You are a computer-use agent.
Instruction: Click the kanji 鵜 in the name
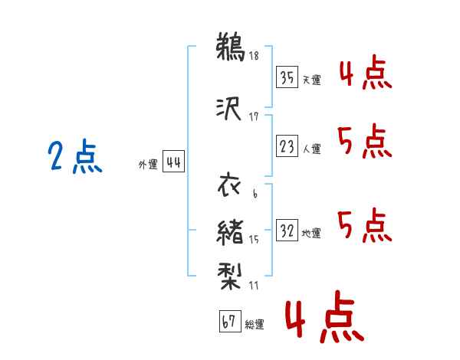click(x=230, y=47)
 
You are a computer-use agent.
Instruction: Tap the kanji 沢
click(x=228, y=109)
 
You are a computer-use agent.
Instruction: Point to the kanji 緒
click(x=230, y=232)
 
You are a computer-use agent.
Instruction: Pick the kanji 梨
click(x=229, y=276)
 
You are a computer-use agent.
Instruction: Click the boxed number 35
click(x=287, y=77)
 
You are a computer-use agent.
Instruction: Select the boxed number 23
click(x=287, y=146)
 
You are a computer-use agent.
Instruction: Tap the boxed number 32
click(x=287, y=230)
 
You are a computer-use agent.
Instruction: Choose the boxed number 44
click(x=173, y=162)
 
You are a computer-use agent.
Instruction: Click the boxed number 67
click(x=230, y=321)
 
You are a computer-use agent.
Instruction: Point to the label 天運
click(x=311, y=80)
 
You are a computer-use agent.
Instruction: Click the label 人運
click(x=311, y=149)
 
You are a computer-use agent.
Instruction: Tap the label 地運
click(x=311, y=233)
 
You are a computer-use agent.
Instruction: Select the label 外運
click(x=148, y=165)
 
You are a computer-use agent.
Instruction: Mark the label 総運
click(x=255, y=324)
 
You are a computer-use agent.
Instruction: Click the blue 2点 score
click(x=75, y=156)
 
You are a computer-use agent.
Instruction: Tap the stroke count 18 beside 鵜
click(x=254, y=55)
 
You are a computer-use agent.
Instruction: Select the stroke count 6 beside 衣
click(x=255, y=194)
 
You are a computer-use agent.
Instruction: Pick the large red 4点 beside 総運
click(x=325, y=316)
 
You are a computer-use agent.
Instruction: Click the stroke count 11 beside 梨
click(x=254, y=285)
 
